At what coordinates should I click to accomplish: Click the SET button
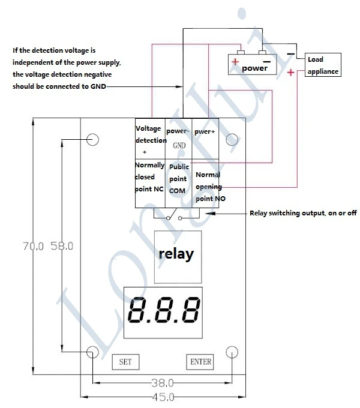pos(125,362)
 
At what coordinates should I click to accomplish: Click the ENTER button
pos(200,362)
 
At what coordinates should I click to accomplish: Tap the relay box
pos(178,257)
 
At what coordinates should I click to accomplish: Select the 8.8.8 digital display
pos(163,313)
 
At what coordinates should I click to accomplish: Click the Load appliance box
pos(323,65)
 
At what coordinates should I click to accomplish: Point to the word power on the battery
pos(254,68)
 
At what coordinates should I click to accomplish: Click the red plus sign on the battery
pos(235,62)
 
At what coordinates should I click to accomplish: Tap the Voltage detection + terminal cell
pos(151,139)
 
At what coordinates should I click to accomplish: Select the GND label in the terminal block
pos(179,145)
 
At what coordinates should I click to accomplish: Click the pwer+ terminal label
pos(205,131)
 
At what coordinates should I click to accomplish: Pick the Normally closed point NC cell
pos(150,184)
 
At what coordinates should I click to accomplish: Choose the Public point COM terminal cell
pos(179,184)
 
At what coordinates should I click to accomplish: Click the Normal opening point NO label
pos(210,187)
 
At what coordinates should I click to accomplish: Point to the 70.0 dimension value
pos(33,246)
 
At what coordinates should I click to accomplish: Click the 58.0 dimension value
pos(62,246)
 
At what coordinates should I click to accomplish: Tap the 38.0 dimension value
pos(163,383)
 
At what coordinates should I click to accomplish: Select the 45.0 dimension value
pos(163,397)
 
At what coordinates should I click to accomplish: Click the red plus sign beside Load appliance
pos(291,72)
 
